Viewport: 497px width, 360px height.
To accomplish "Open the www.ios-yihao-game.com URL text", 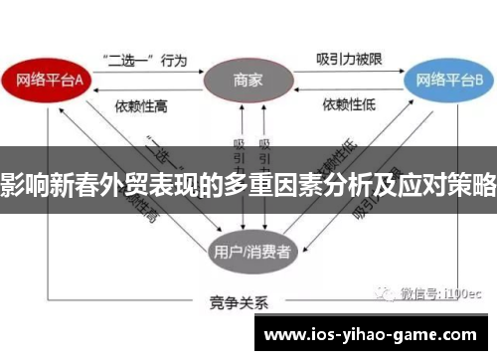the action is click(374, 332).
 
